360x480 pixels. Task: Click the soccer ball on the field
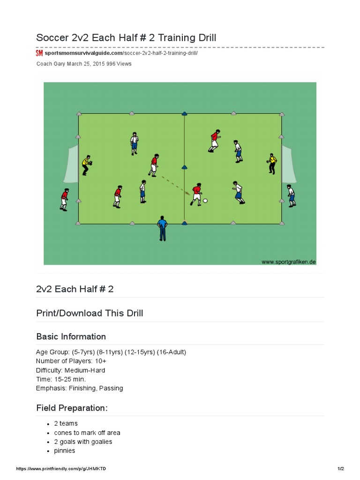click(205, 201)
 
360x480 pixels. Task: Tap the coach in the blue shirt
click(162, 228)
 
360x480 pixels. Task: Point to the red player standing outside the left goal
click(64, 199)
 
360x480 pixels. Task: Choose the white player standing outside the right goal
click(291, 195)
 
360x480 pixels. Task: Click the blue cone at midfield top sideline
click(184, 113)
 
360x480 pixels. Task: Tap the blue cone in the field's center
click(184, 168)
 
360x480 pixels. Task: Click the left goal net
click(71, 164)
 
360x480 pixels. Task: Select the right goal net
click(289, 164)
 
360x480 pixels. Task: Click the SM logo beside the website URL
click(39, 53)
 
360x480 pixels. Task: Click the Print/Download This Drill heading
click(90, 313)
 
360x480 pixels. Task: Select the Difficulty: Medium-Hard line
click(70, 370)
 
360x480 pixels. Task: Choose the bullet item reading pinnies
click(64, 450)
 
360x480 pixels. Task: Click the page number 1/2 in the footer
click(341, 469)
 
